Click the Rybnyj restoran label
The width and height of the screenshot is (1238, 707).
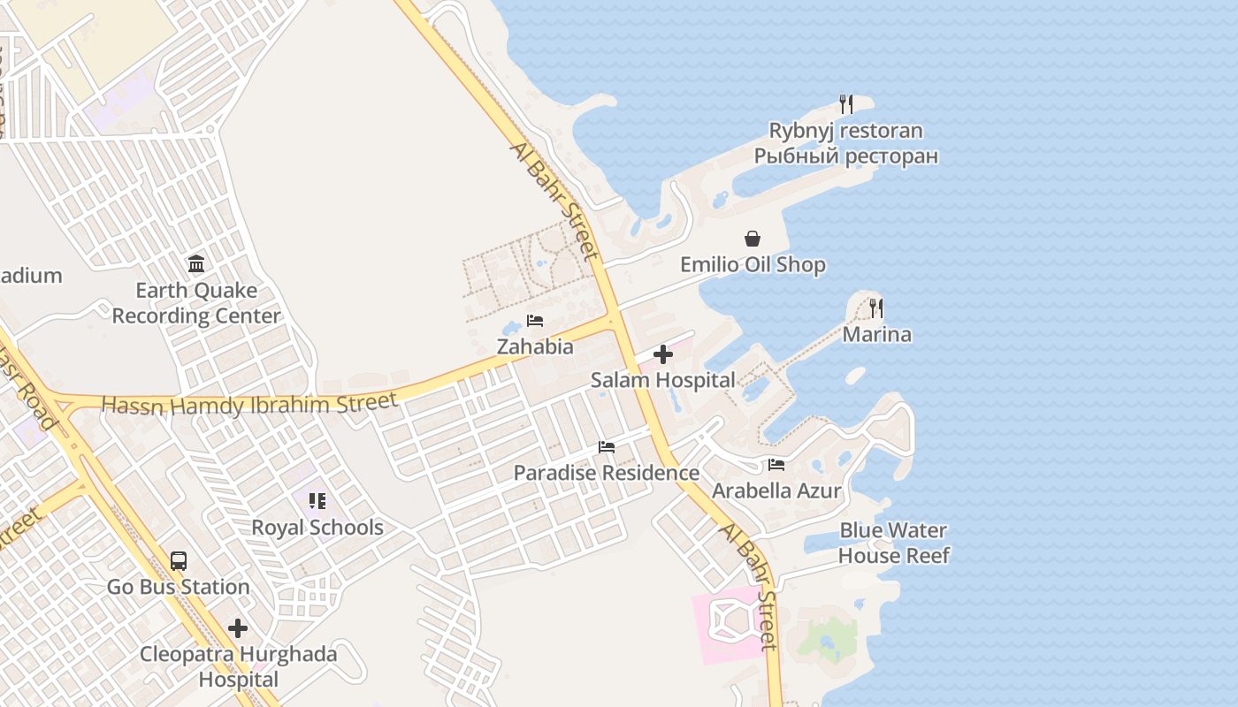[x=845, y=131]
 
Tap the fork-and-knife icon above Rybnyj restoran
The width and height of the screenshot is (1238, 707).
[x=846, y=104]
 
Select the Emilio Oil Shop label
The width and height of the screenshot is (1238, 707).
[x=753, y=264]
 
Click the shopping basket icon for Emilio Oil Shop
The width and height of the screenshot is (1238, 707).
[x=753, y=239]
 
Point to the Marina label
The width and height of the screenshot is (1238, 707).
[x=876, y=334]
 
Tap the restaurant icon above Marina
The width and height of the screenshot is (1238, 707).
[x=876, y=308]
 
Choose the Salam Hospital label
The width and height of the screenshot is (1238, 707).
[x=662, y=380]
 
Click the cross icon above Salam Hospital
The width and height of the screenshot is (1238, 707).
[x=662, y=354]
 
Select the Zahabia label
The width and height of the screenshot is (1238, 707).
[x=535, y=346]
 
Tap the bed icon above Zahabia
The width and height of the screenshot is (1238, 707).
[x=535, y=321]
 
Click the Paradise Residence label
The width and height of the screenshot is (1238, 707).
[x=607, y=473]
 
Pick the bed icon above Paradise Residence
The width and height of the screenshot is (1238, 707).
[x=607, y=447]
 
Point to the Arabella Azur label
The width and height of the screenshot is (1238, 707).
[x=776, y=490]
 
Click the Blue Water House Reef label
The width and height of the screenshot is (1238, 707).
[x=893, y=543]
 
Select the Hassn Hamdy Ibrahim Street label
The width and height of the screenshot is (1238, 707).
[x=249, y=404]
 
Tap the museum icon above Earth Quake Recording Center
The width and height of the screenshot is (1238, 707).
[x=196, y=263]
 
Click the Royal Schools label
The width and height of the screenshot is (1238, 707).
[x=317, y=528]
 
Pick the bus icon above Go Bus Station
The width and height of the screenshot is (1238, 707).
[x=179, y=560]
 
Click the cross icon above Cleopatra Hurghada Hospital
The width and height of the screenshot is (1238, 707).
[x=238, y=628]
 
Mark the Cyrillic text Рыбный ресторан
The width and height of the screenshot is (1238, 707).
[x=845, y=156]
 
